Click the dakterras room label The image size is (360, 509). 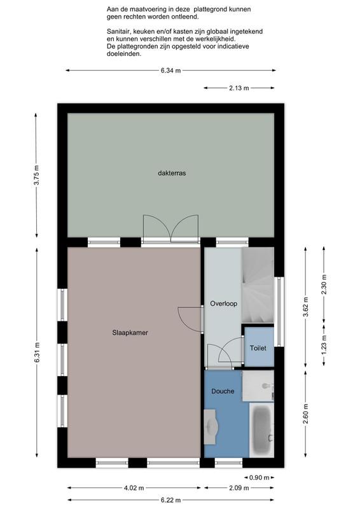tap(172, 173)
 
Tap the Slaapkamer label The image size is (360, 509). tap(130, 333)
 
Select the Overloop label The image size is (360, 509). tap(224, 303)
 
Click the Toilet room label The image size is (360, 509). tap(258, 348)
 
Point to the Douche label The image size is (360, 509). tap(223, 391)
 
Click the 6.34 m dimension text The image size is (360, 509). tap(170, 71)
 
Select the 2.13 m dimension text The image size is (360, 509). tap(239, 88)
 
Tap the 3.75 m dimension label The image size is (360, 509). tap(36, 176)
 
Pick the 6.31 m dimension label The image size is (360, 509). tap(36, 353)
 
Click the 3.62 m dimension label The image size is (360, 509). tap(306, 307)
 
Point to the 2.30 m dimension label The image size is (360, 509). tap(324, 284)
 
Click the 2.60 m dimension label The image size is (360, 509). tap(306, 414)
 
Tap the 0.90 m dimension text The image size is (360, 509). tap(260, 478)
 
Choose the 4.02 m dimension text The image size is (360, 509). tap(134, 488)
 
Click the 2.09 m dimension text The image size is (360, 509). tap(239, 488)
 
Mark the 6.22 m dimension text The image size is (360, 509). tap(170, 500)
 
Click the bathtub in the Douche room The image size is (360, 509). tap(262, 430)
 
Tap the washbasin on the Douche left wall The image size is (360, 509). tap(211, 426)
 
